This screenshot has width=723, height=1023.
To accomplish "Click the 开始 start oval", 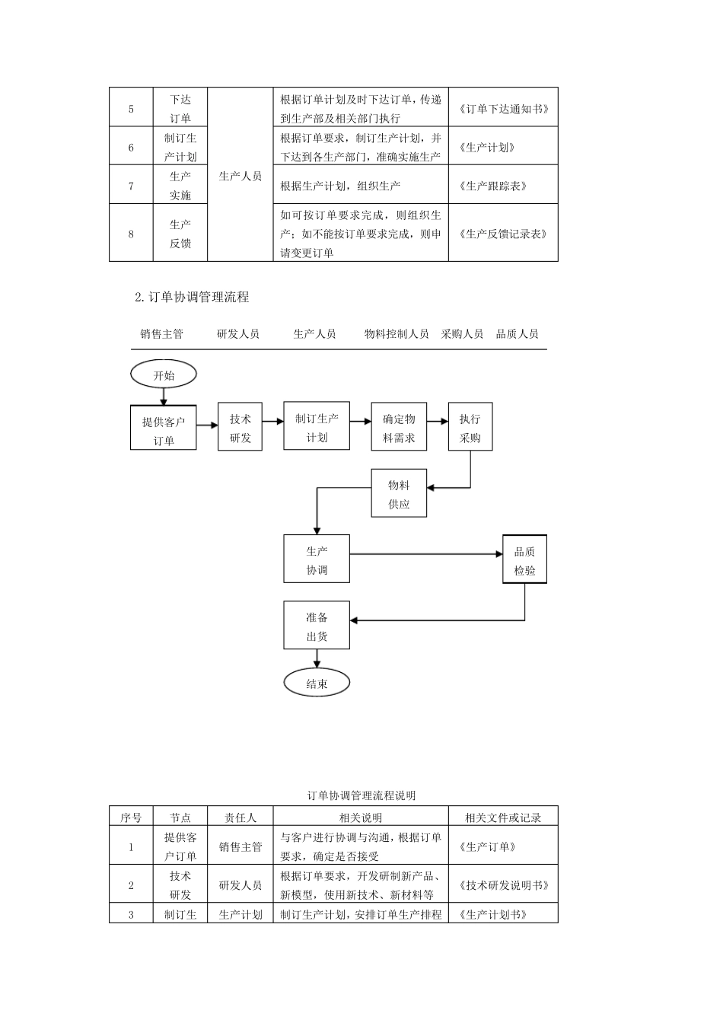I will (164, 374).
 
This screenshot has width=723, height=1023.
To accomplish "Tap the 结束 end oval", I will (317, 684).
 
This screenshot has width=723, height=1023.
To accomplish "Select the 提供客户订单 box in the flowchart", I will (164, 428).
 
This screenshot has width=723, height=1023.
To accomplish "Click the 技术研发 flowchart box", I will (240, 429).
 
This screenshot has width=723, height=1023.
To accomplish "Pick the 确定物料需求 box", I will (399, 429).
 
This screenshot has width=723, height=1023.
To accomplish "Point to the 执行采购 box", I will (470, 429).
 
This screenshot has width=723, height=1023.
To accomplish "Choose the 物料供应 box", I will (399, 494).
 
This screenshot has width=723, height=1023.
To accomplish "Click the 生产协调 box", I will (317, 559).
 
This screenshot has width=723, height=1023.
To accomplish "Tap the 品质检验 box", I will (524, 560).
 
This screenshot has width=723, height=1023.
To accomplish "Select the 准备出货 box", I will (317, 626).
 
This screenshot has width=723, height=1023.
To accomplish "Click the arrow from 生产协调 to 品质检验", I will (426, 554).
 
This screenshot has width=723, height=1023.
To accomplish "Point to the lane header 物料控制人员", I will (397, 333).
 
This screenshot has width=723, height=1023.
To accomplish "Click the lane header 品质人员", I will (518, 333).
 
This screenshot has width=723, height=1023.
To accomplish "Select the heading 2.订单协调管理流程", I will (192, 297).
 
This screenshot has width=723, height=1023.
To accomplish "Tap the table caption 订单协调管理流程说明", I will (361, 795).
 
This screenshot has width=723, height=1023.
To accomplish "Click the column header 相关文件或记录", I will (503, 817).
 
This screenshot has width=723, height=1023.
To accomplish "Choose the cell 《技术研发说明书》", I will (503, 885).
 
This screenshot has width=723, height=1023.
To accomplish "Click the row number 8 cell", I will (131, 234).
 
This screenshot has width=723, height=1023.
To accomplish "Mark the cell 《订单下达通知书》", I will (503, 109).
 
